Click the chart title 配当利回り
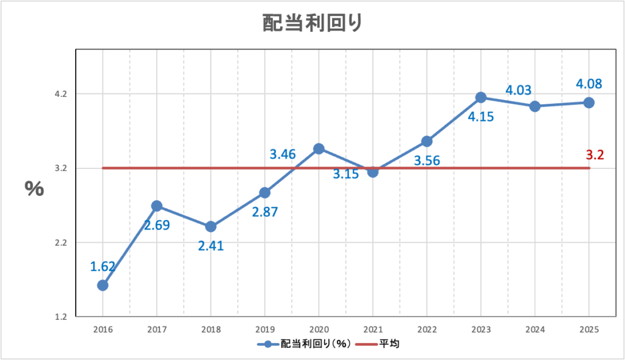(312, 23)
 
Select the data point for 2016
(103, 285)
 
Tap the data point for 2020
(318, 148)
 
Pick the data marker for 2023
(480, 97)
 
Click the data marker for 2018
(211, 226)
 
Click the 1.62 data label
(103, 266)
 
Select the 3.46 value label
(283, 154)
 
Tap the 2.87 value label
(265, 212)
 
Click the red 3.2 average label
(594, 155)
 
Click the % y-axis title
(34, 189)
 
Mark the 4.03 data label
(518, 90)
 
